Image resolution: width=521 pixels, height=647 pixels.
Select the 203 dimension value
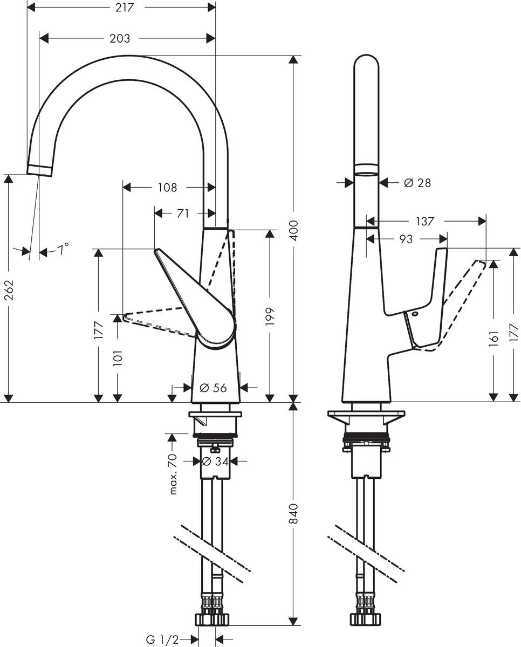click(120, 38)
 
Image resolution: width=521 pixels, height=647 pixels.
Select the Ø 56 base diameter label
click(213, 387)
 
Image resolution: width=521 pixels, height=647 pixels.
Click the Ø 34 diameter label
click(214, 461)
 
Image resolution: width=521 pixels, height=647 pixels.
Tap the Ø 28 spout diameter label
click(417, 183)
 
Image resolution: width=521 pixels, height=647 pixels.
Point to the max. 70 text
click(173, 474)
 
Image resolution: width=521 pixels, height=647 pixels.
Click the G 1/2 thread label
click(162, 639)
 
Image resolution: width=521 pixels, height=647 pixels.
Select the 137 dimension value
click(425, 221)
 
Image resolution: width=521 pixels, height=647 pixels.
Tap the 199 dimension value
click(270, 317)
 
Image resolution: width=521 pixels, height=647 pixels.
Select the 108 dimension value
click(167, 187)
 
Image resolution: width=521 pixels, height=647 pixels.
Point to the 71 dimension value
click(183, 213)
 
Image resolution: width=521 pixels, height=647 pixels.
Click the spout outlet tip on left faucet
click(39, 170)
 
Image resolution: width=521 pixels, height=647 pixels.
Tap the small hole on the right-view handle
click(416, 314)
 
